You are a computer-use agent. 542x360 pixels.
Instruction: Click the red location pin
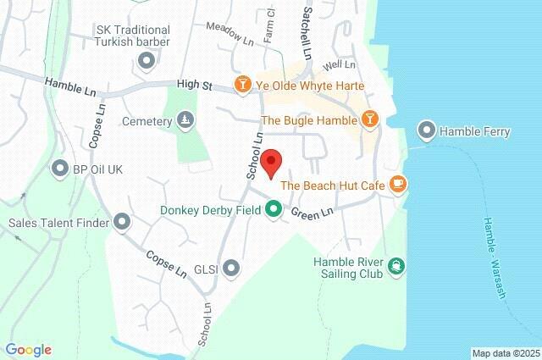(x=271, y=162)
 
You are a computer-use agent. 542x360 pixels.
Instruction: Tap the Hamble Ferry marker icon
(x=426, y=130)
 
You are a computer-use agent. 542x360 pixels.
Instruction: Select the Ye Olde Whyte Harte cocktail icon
(x=243, y=86)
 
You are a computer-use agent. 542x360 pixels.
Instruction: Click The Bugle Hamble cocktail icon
(x=368, y=120)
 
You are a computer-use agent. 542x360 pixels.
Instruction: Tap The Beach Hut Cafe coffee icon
(x=398, y=185)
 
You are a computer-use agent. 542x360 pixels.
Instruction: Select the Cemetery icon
(x=185, y=121)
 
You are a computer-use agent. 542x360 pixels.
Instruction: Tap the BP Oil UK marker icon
(x=60, y=169)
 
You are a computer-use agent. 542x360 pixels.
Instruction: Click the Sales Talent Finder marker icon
(x=122, y=223)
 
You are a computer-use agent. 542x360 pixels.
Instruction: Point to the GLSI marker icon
(x=231, y=269)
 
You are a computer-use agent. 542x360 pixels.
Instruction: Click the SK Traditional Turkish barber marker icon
(x=146, y=59)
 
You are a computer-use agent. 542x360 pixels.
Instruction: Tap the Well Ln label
(x=338, y=64)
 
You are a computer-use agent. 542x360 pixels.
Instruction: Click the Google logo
(x=29, y=350)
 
